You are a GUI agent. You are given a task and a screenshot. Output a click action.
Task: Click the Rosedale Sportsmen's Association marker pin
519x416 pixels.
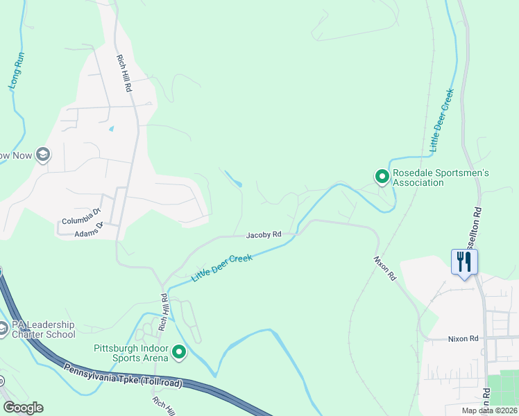click(381, 177)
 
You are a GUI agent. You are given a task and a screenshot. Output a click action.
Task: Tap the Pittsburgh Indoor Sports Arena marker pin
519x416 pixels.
click(179, 353)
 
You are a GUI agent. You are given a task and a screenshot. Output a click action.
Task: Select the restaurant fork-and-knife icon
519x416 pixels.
click(463, 262)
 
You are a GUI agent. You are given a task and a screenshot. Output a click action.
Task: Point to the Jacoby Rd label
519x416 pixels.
click(264, 235)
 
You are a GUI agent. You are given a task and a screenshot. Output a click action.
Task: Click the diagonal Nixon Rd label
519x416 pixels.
click(384, 267)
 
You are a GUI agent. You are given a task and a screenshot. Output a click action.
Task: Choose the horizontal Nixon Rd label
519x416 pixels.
click(463, 339)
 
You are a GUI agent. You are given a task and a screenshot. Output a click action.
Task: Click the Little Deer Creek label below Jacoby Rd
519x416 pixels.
click(221, 267)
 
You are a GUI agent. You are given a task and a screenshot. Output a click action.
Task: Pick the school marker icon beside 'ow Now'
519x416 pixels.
click(44, 155)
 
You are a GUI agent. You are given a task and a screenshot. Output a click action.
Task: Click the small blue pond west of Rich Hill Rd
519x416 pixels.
click(111, 129)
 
